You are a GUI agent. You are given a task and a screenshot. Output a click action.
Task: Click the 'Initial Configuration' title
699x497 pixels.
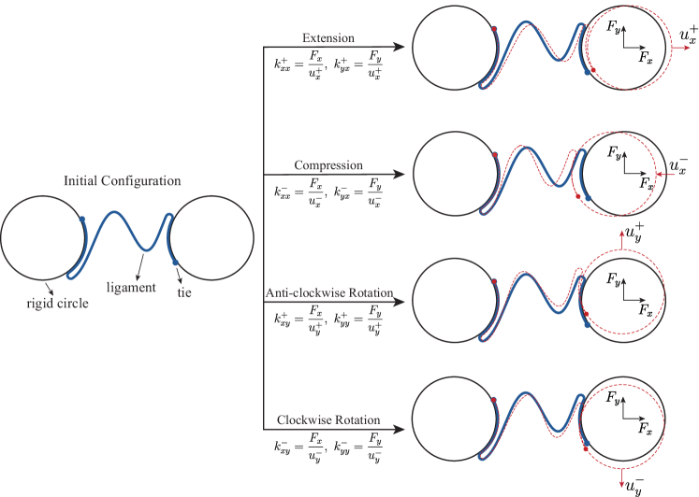(x=122, y=180)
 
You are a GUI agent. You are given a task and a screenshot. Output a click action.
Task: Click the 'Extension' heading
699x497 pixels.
(x=328, y=38)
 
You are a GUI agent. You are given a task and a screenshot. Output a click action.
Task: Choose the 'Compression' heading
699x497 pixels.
(x=328, y=165)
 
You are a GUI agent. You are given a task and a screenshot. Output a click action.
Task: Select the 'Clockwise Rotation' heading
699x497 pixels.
(x=328, y=420)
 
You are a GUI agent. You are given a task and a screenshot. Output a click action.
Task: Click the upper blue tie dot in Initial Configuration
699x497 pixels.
(x=82, y=219)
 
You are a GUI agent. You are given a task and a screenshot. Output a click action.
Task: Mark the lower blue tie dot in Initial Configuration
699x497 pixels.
(x=175, y=261)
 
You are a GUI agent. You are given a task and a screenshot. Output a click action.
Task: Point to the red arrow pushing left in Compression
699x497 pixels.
(x=662, y=174)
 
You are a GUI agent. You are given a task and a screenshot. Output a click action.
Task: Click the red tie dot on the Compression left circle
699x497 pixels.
(x=494, y=154)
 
